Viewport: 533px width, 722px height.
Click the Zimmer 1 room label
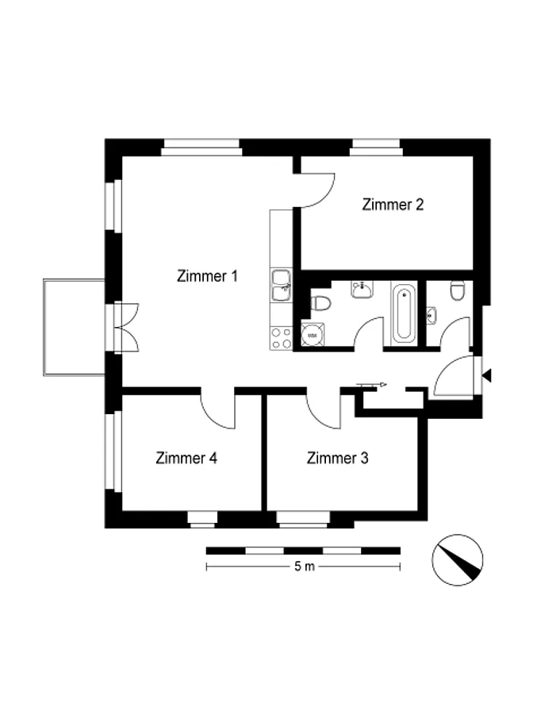point(207,276)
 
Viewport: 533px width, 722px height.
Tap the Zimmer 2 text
point(393,205)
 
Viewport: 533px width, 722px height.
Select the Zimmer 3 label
point(337,458)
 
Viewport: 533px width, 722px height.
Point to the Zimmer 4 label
point(186,458)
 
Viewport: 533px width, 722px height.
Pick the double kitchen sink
point(281,286)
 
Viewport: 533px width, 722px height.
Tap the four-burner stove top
point(281,338)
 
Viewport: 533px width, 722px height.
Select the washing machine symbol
point(313,335)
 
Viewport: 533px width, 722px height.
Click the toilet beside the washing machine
point(320,303)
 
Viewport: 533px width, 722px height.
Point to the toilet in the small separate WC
point(457,290)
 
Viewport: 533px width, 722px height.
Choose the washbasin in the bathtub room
point(362,290)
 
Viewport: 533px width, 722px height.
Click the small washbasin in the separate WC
point(431,316)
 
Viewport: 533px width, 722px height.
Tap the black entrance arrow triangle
point(486,376)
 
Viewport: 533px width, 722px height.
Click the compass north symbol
point(457,560)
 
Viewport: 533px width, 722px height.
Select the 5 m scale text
point(305,566)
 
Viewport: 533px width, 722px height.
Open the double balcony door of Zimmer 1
point(127,328)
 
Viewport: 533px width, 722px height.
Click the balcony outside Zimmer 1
point(74,328)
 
